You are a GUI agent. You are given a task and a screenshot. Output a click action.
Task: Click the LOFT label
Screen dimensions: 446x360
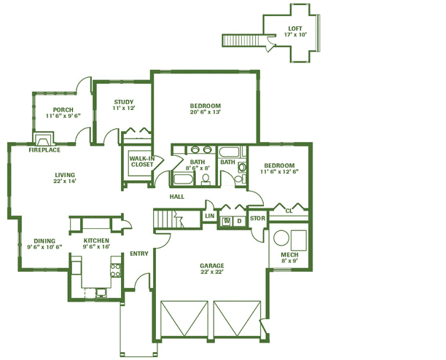coord(295,28)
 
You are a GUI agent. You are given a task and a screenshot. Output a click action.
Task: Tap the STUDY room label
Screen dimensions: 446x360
coord(124,102)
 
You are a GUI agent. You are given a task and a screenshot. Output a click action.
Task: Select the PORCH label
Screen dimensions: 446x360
coord(63,110)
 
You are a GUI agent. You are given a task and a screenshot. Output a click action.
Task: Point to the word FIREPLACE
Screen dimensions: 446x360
coord(44,150)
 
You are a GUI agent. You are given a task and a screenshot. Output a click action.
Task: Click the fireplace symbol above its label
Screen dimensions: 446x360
coord(43,138)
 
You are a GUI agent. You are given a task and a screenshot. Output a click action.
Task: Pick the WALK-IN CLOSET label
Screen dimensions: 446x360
coord(142,162)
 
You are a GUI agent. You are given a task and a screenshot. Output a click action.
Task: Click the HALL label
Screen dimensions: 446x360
coord(177,197)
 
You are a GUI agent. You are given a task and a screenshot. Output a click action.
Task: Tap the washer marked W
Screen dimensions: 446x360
coord(227,221)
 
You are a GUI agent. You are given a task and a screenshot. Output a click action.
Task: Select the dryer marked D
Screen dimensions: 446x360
coord(240,221)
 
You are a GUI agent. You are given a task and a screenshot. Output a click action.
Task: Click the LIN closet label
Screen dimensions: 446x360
coord(210,216)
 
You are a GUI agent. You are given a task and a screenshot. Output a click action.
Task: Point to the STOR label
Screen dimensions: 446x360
coord(258,219)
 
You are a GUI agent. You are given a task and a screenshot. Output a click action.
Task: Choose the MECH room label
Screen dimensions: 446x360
coord(289,255)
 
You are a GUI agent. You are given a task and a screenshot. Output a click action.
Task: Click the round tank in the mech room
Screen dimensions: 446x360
coord(281,238)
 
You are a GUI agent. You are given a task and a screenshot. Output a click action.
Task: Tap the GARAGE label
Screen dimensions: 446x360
coord(212,266)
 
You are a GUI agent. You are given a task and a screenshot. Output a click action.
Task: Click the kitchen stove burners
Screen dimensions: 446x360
coord(116,270)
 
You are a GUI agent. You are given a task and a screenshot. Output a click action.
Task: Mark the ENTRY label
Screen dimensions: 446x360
coord(139,254)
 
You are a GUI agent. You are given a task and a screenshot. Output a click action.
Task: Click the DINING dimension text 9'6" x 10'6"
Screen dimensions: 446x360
coord(44,247)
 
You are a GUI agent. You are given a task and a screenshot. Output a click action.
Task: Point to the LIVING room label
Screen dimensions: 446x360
coord(65,175)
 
